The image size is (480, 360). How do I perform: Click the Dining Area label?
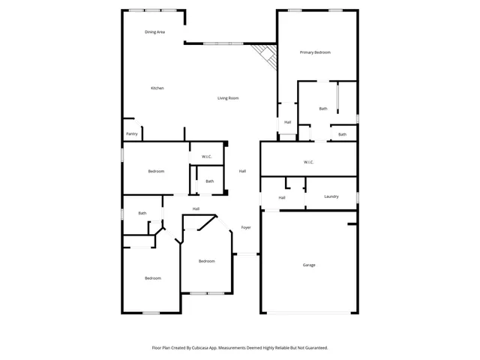coord(155,32)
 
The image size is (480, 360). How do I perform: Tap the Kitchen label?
coord(157,88)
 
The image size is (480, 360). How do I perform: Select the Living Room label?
coord(228,98)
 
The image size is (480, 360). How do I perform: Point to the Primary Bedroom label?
coord(315,52)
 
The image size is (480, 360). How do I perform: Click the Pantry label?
coord(132,134)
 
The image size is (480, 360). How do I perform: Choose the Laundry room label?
coord(331,196)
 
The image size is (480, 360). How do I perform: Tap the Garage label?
coord(309,265)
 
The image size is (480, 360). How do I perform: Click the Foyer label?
coord(245,227)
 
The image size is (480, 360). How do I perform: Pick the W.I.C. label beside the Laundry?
coord(308,162)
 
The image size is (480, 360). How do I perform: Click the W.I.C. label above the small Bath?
coord(207,157)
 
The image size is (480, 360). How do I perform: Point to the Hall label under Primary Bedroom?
coord(287,122)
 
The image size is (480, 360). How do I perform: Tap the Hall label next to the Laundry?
coord(282,197)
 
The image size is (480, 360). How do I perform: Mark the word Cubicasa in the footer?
coord(199,348)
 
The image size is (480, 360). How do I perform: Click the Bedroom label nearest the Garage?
coord(207,261)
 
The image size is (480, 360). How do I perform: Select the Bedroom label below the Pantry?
coord(156,172)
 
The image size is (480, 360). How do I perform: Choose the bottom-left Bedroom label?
coord(153,278)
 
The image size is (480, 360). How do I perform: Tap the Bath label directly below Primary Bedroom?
coord(323,109)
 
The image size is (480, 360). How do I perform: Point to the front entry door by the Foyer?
coord(247,254)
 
